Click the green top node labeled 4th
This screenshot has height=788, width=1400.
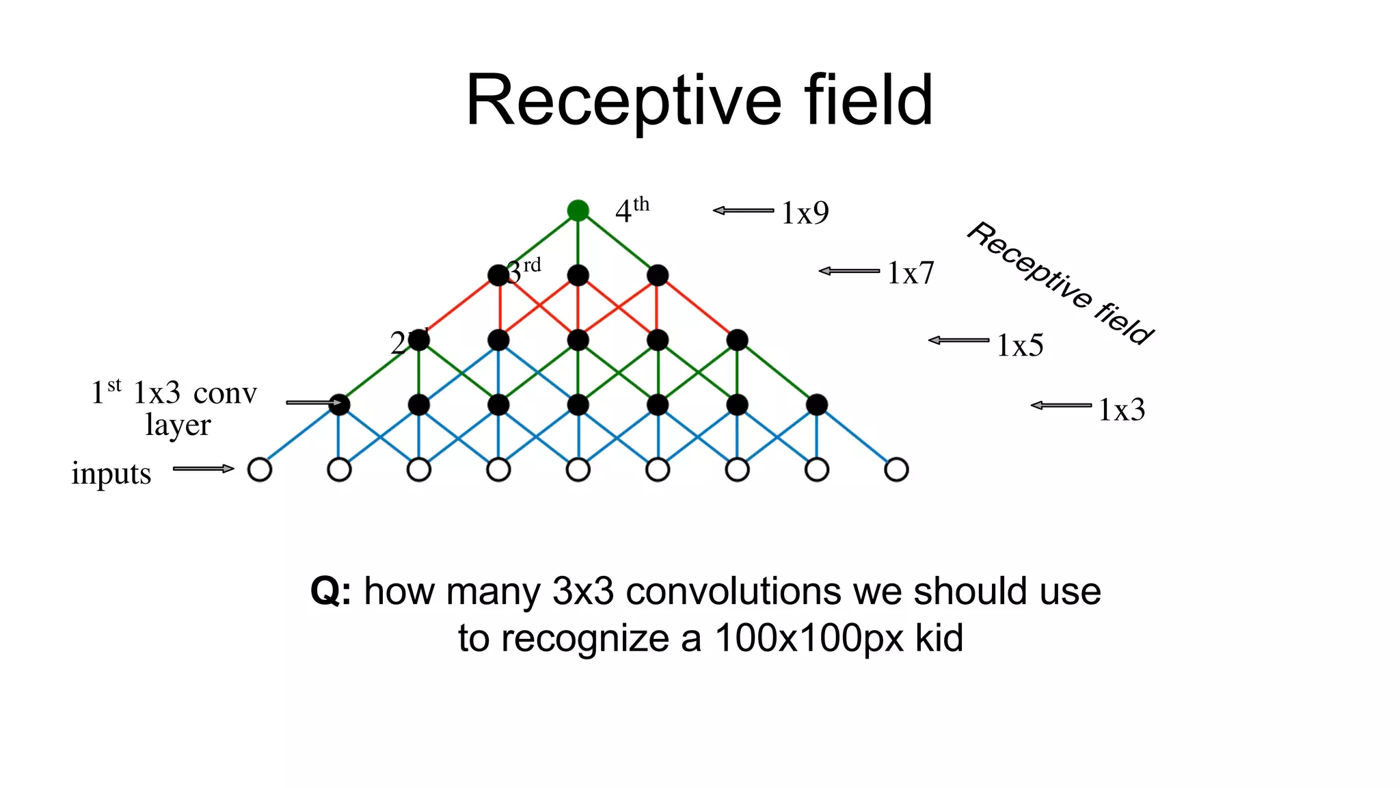point(578,210)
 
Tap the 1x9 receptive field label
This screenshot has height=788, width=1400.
point(805,213)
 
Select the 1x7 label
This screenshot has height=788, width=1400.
point(910,273)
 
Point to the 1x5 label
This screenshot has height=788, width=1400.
point(1019,345)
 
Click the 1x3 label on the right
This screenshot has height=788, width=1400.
point(1121,410)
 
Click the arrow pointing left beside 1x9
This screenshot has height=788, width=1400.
point(744,211)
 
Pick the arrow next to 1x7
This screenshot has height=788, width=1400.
point(849,271)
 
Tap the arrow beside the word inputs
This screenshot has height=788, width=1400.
point(203,469)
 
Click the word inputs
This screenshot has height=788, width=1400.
point(111,473)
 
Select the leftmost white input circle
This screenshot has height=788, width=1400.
point(260,470)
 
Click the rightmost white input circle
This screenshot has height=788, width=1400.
point(896,470)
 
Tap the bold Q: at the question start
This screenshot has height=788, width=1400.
point(331,591)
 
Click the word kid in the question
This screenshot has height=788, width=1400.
point(939,638)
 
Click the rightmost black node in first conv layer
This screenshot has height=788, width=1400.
point(817,405)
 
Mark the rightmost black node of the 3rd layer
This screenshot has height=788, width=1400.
point(658,276)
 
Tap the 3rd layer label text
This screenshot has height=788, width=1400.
point(525,271)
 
